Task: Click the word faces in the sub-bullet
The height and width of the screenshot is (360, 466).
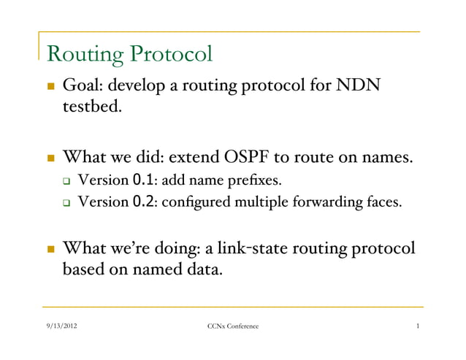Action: pyautogui.click(x=383, y=202)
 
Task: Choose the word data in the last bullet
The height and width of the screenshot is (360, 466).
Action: pyautogui.click(x=203, y=270)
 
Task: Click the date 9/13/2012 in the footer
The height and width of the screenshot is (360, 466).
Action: pyautogui.click(x=59, y=335)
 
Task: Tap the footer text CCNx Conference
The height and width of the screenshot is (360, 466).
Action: pyautogui.click(x=233, y=335)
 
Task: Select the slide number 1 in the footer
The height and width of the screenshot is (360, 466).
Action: pyautogui.click(x=416, y=335)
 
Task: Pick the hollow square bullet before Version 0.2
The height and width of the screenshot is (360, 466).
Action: pyautogui.click(x=66, y=202)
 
